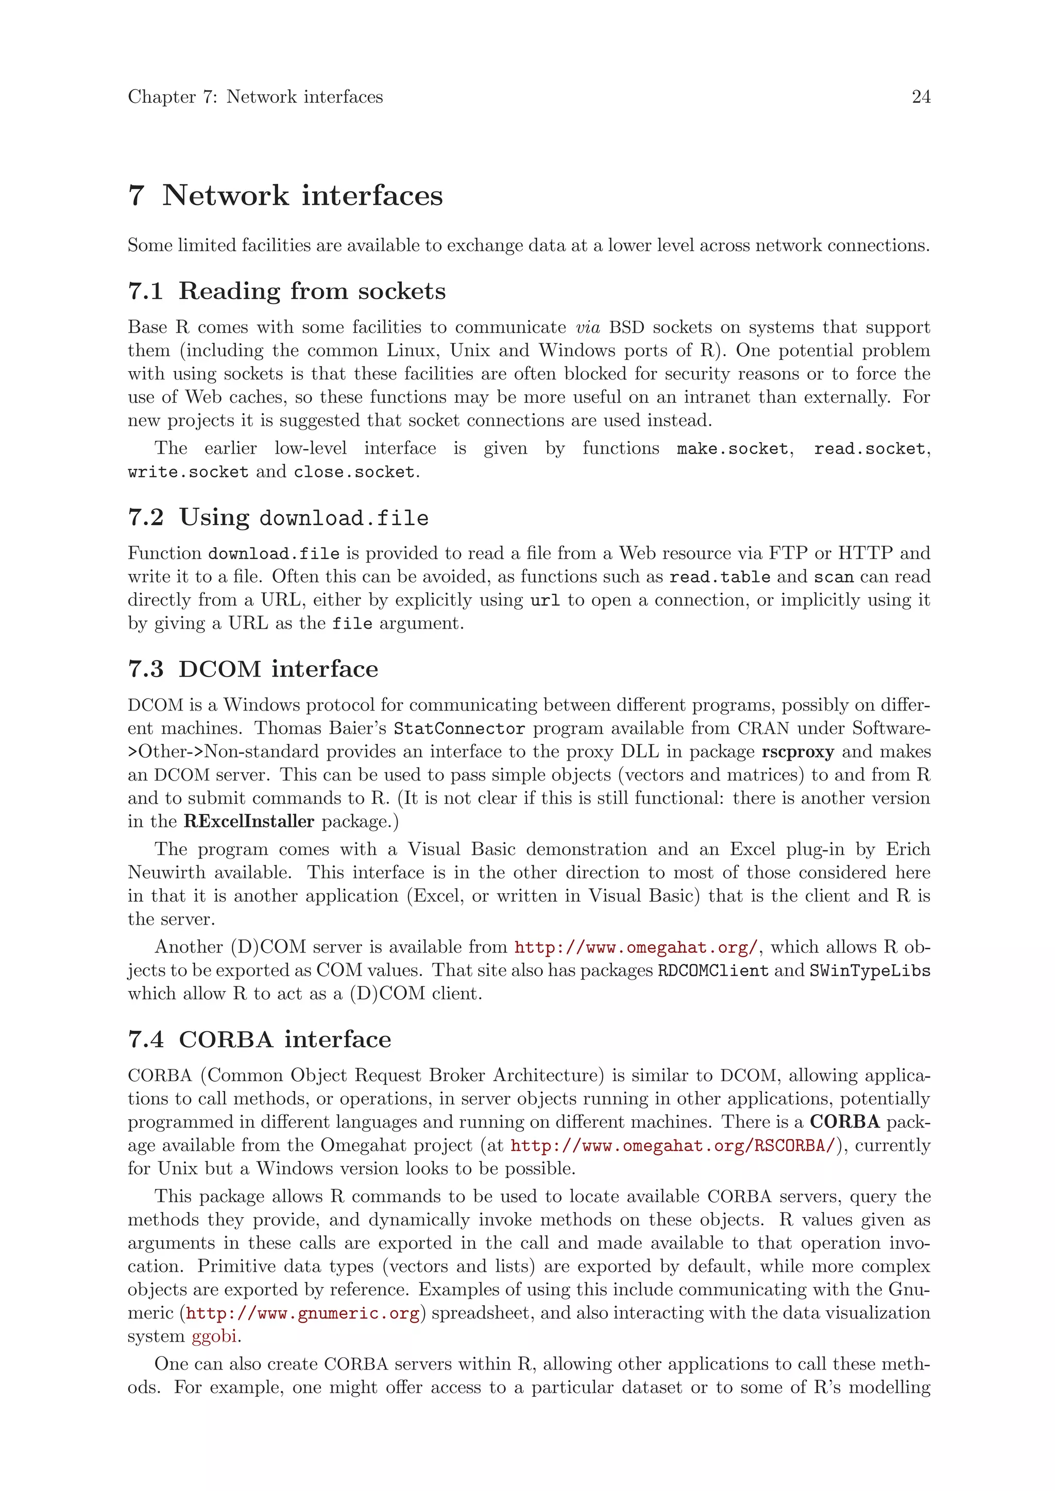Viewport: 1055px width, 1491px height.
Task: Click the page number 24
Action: pyautogui.click(x=921, y=97)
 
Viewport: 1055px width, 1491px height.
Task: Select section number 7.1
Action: pyautogui.click(x=145, y=291)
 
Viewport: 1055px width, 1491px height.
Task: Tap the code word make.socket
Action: pyautogui.click(x=732, y=449)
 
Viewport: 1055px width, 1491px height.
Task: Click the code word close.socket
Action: pyautogui.click(x=354, y=472)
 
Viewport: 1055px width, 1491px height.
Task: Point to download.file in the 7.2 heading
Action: pyautogui.click(x=344, y=518)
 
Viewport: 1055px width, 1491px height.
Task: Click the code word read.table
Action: pyautogui.click(x=720, y=577)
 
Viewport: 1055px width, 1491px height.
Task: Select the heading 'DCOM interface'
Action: pyautogui.click(x=278, y=669)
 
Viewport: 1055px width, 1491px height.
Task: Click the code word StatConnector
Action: pyautogui.click(x=458, y=729)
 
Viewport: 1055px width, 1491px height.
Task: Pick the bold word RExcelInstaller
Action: pyautogui.click(x=249, y=822)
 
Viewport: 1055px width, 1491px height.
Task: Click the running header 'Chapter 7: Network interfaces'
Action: pyautogui.click(x=256, y=97)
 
